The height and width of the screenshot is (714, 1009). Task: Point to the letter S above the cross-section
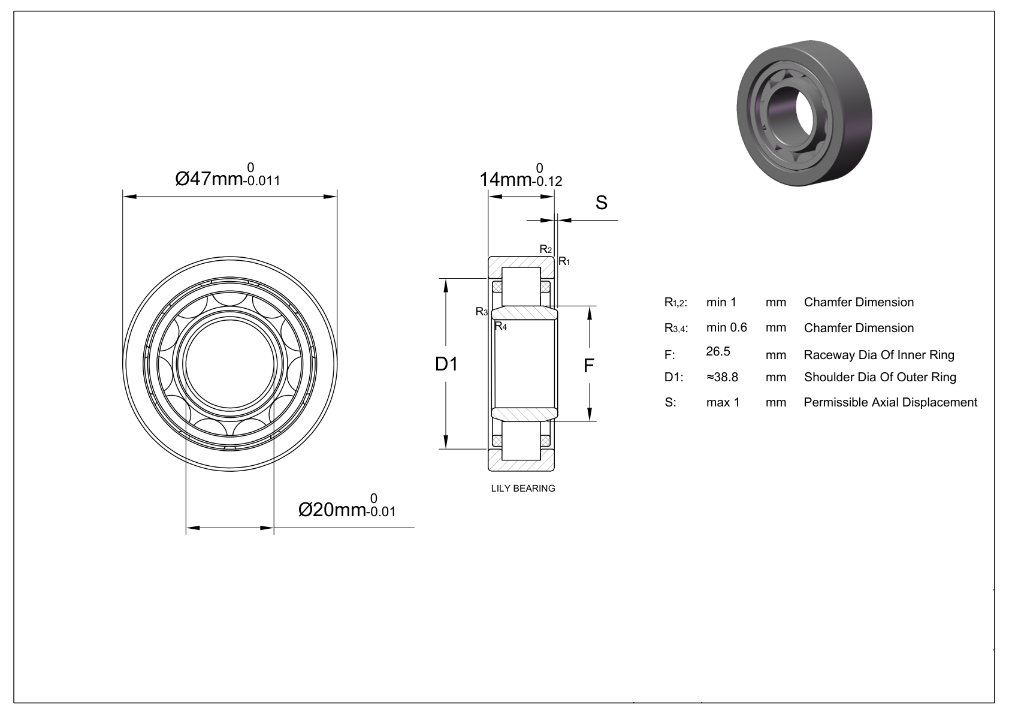click(x=601, y=203)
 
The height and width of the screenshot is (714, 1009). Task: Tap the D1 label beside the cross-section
click(x=446, y=363)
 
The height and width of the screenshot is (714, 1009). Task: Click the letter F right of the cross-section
click(x=589, y=365)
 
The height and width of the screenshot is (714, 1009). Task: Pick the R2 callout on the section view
click(x=545, y=249)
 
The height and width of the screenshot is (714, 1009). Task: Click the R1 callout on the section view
click(x=564, y=261)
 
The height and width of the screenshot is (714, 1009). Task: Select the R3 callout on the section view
click(x=482, y=311)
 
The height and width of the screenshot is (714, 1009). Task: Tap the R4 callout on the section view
click(x=500, y=326)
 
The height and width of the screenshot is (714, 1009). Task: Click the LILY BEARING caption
click(x=522, y=488)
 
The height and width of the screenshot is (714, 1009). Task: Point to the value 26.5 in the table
click(x=718, y=351)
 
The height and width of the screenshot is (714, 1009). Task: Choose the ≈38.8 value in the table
click(x=722, y=377)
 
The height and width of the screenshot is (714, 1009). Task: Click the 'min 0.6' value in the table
click(x=726, y=327)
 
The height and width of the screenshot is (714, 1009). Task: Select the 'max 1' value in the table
click(x=723, y=402)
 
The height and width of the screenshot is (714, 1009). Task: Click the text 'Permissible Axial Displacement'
click(x=890, y=402)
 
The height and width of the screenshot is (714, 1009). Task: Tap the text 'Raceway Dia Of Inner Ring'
click(x=878, y=355)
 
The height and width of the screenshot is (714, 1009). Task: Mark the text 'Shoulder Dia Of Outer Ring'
click(x=880, y=377)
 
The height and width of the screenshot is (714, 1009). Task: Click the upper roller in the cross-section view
click(x=521, y=287)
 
